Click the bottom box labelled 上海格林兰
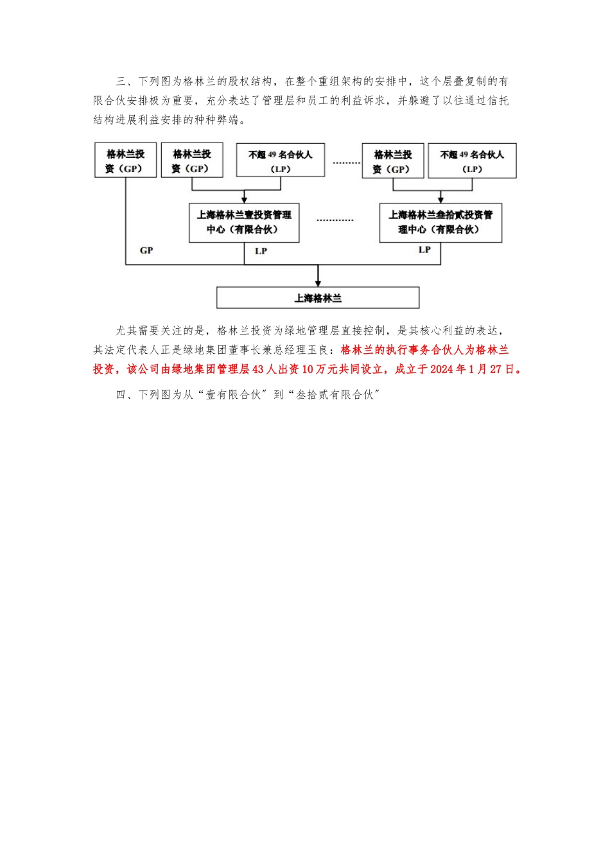[x=318, y=298]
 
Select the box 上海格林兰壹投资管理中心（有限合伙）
[x=244, y=223]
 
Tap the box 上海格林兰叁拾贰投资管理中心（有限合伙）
[x=440, y=223]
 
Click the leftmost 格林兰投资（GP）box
[x=125, y=161]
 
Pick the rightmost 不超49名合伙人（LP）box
[x=472, y=161]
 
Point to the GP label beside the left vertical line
[x=146, y=250]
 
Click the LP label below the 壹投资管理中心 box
[x=261, y=251]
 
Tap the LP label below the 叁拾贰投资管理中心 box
[x=424, y=250]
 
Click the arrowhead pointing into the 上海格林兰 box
[x=318, y=283]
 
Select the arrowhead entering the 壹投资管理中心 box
[x=244, y=200]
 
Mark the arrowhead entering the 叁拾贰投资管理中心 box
[x=440, y=200]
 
